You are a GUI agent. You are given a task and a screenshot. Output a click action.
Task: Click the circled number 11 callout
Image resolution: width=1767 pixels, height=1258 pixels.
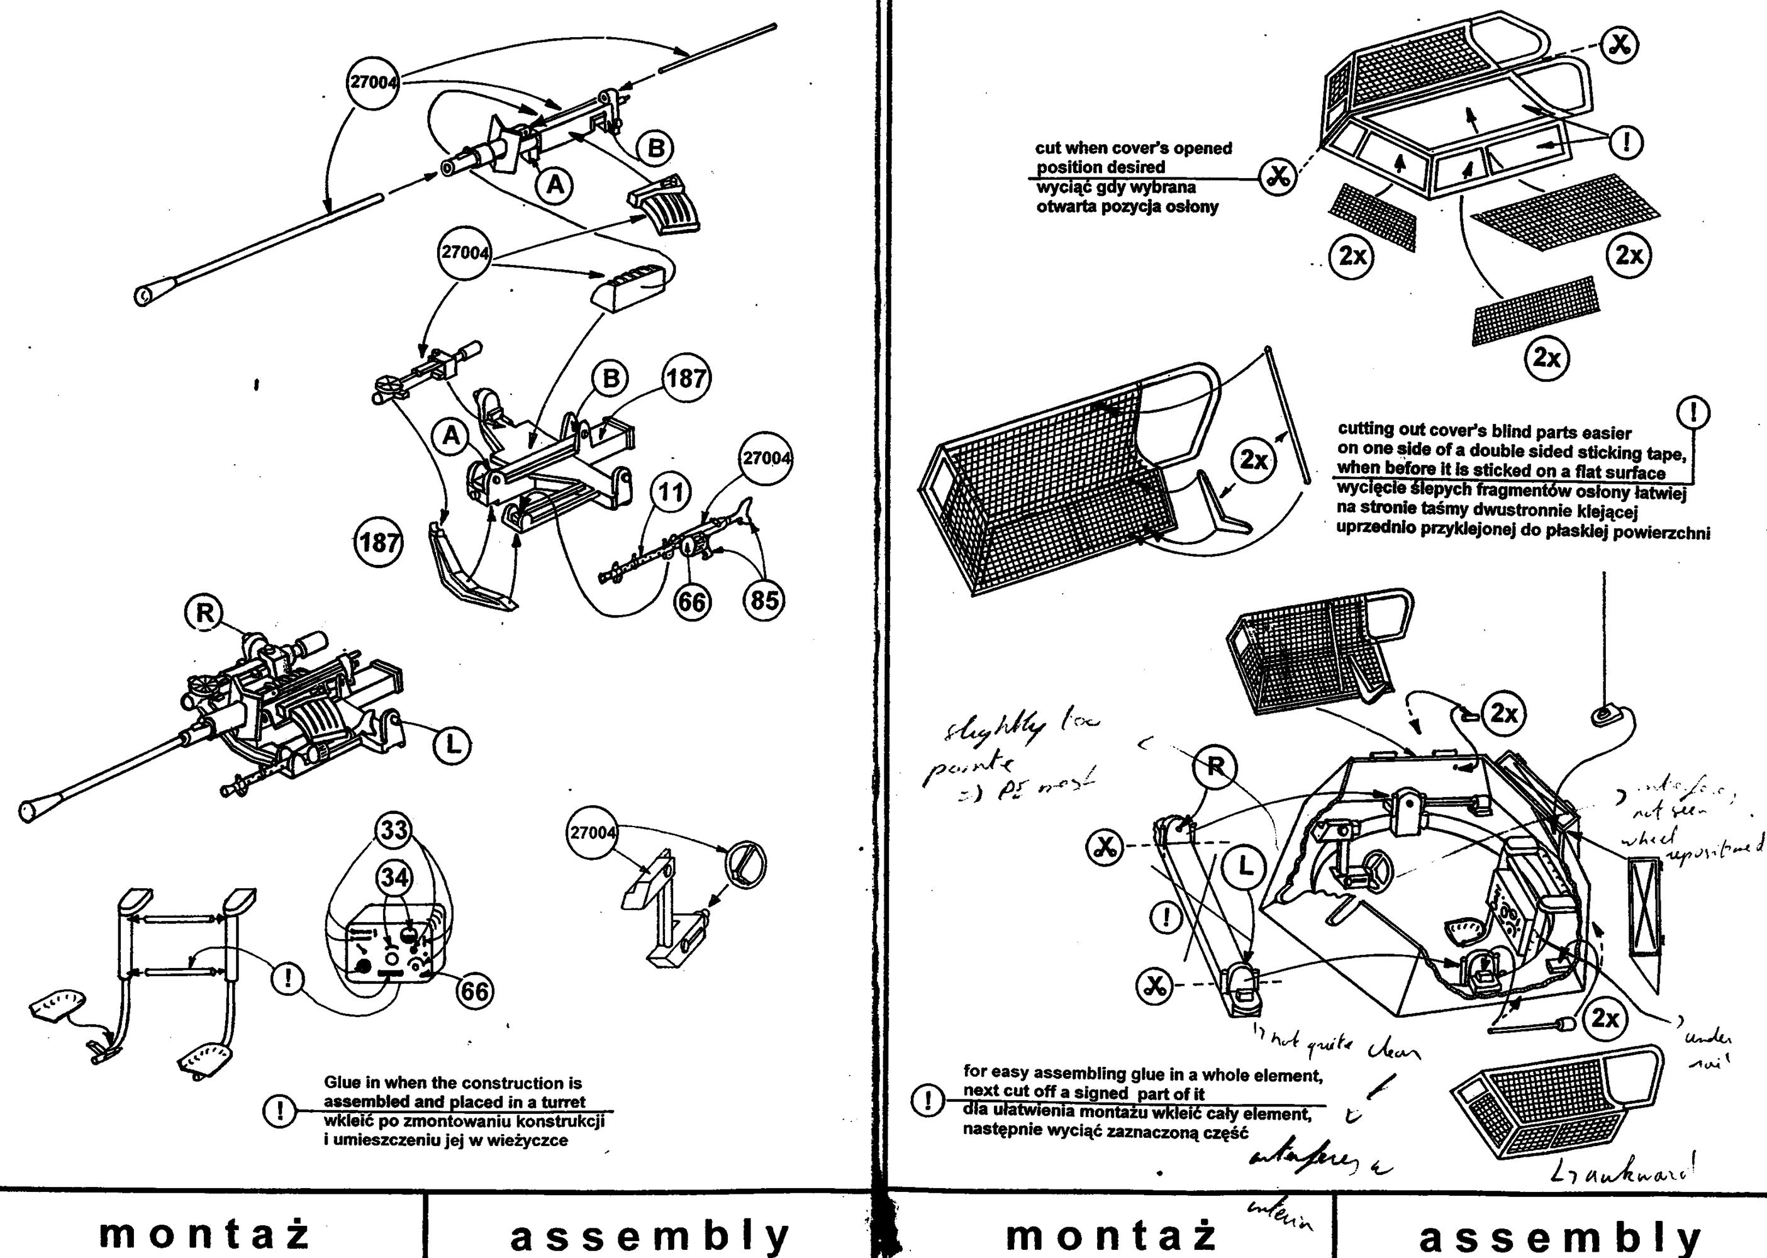point(671,492)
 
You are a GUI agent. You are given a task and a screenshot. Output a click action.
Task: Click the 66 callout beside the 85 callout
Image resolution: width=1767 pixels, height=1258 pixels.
point(692,602)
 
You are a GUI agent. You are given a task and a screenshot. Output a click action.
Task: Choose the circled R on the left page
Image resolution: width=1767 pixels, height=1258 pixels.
point(204,613)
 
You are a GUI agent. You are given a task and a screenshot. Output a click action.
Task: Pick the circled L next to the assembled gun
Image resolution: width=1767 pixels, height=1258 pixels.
point(452,745)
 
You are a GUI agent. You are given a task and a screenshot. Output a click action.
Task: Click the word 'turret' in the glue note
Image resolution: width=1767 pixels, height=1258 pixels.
point(563,1101)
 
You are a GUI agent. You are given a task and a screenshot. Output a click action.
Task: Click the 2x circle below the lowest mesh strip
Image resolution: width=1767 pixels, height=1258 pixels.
point(1547,357)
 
